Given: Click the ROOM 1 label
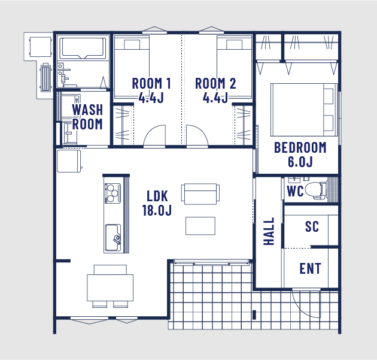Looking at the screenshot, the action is tap(151, 83).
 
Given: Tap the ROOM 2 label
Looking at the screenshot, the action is tap(215, 83).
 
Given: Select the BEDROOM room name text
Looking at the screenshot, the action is tap(300, 147).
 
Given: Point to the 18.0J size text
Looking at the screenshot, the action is tap(157, 210).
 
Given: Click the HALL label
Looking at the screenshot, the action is tap(269, 231).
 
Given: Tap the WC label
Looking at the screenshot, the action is tap(295, 191).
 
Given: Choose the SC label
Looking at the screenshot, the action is tap(312, 226).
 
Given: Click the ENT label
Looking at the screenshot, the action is tap(310, 268).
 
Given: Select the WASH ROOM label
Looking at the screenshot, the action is tap(87, 117).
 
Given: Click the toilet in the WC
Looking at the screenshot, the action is tap(316, 190).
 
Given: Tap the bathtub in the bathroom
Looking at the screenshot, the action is tap(83, 48).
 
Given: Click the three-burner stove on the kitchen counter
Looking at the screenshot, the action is tap(113, 193).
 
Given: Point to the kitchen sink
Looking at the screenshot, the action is tap(113, 238).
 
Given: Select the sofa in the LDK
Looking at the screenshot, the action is tap(200, 194).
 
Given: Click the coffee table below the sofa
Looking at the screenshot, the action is tap(200, 226).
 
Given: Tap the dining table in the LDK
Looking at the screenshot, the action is tap(110, 288).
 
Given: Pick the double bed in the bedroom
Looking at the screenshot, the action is tap(304, 110).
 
